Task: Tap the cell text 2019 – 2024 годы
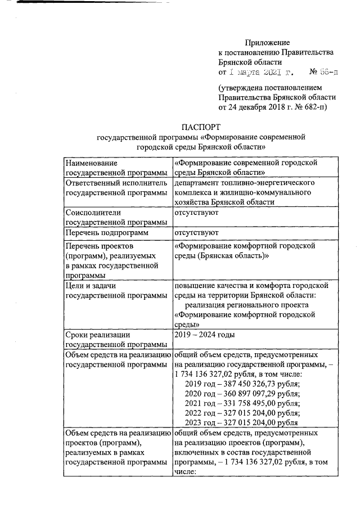tap(205, 335)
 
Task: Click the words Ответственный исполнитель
tap(116, 183)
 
